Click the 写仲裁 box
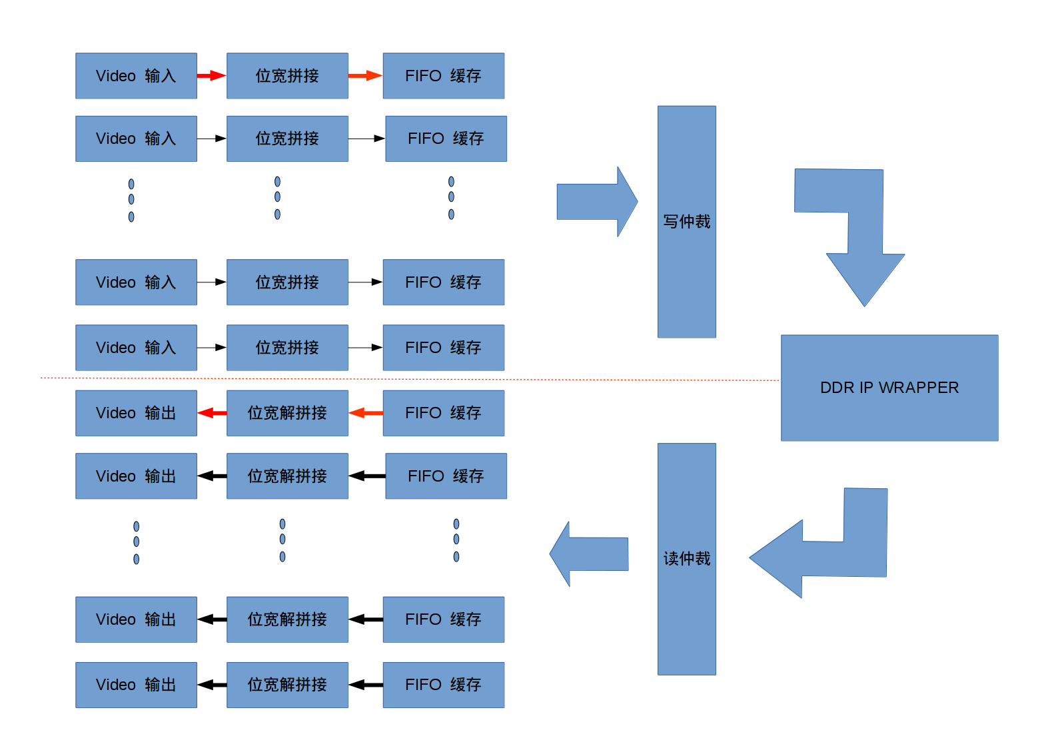[686, 221]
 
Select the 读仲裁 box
[686, 558]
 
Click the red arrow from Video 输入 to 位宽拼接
[211, 76]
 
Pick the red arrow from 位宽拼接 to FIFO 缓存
[365, 76]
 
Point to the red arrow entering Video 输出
[212, 413]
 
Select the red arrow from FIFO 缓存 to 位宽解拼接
[366, 413]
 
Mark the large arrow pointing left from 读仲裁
[590, 554]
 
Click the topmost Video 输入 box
[136, 76]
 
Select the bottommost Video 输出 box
[136, 685]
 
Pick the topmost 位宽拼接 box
[287, 76]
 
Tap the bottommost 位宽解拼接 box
[287, 685]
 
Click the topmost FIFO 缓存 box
[443, 76]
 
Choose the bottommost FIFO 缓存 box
[443, 685]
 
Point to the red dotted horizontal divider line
[400, 379]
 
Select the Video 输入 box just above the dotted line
[136, 348]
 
